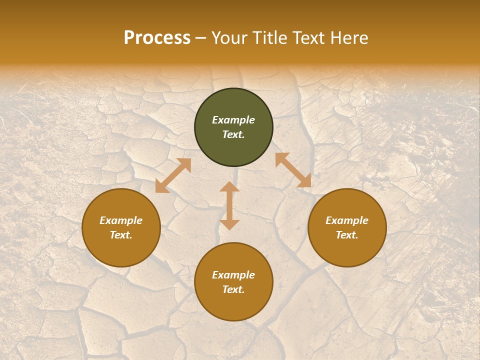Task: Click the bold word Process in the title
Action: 157,38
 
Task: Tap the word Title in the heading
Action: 270,38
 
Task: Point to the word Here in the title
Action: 350,38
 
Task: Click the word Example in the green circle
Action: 233,120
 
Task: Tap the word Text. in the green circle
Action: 233,134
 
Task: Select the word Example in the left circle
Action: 121,220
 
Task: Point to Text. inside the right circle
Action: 347,235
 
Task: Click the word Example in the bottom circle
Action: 233,275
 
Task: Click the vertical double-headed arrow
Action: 229,205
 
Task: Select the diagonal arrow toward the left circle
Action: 173,175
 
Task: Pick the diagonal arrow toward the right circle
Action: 293,170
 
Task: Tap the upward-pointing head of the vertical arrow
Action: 229,186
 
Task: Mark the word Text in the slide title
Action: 309,38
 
